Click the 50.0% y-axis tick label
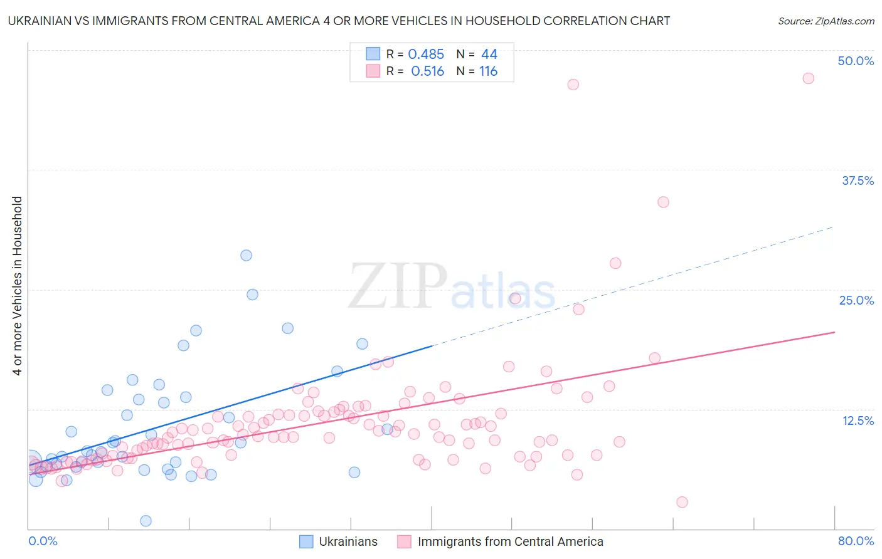tap(856, 61)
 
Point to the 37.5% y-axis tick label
tap(858, 180)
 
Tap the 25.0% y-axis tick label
tap(856, 300)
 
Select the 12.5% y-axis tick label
tap(858, 421)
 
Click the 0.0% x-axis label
tap(43, 541)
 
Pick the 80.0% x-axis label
tap(856, 541)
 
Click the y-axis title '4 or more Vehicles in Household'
tap(18, 286)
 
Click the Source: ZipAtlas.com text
tap(826, 21)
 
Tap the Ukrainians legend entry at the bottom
tap(348, 541)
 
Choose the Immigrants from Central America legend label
tap(510, 541)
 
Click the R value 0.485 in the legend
tap(426, 55)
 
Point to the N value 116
tap(488, 71)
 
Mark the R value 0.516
tap(427, 71)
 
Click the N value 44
tap(489, 55)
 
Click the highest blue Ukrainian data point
tap(246, 255)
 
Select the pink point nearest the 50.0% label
tap(808, 78)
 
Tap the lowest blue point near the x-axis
tap(146, 521)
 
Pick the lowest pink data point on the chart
tap(682, 502)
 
